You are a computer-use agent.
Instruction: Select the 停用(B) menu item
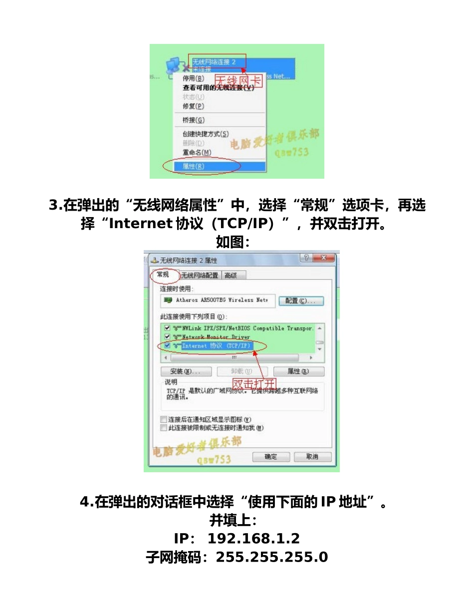(194, 78)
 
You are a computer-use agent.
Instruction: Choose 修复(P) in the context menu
(194, 106)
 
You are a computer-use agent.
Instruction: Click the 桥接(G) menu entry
(194, 120)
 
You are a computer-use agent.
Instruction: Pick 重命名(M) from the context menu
(197, 152)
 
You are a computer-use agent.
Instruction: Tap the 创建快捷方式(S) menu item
(206, 134)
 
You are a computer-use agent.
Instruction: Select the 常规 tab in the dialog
(163, 275)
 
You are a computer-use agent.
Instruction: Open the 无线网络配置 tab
(200, 275)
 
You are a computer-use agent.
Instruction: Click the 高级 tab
(231, 275)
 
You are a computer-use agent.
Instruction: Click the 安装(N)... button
(186, 371)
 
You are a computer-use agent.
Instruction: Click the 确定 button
(271, 457)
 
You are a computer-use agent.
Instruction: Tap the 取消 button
(312, 457)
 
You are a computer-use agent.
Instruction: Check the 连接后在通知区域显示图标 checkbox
(164, 419)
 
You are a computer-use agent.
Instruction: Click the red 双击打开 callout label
(254, 383)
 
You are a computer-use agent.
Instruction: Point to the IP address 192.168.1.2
(253, 539)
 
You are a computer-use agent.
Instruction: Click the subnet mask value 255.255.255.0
(272, 557)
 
